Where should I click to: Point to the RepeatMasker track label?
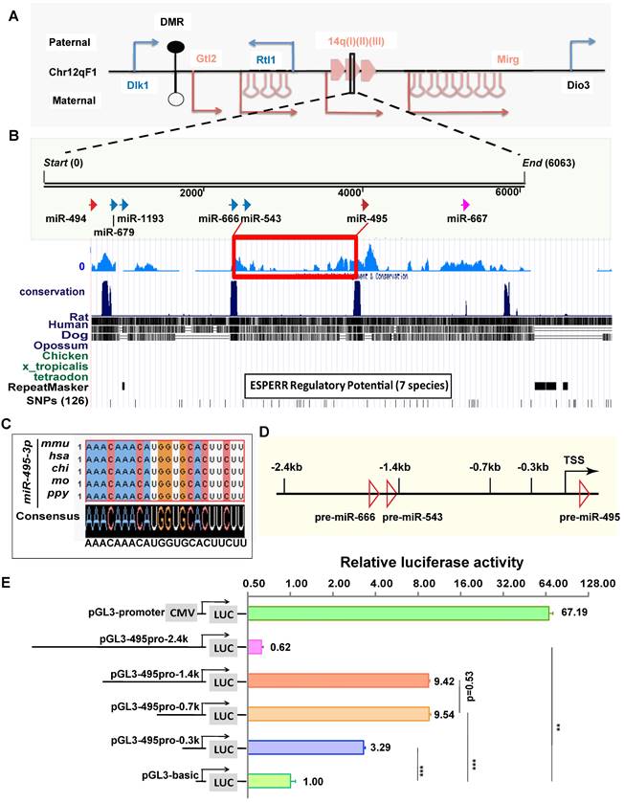coord(49,388)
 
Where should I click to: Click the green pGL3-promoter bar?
coord(398,613)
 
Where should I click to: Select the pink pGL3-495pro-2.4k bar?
coord(256,647)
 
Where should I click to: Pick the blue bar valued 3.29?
coord(305,747)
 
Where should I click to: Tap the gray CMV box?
coord(181,612)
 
